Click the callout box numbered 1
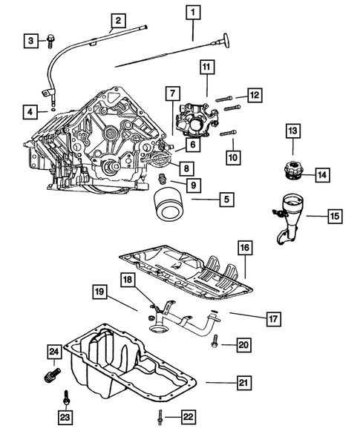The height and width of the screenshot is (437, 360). click(x=193, y=12)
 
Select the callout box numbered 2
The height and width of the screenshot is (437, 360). click(x=118, y=20)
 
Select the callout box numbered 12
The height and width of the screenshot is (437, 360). click(x=254, y=94)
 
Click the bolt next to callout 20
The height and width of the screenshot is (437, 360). click(x=215, y=344)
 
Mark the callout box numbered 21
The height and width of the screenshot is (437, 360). click(x=243, y=383)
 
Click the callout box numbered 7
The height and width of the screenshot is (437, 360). click(x=171, y=94)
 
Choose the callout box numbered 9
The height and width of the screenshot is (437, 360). click(x=192, y=184)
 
